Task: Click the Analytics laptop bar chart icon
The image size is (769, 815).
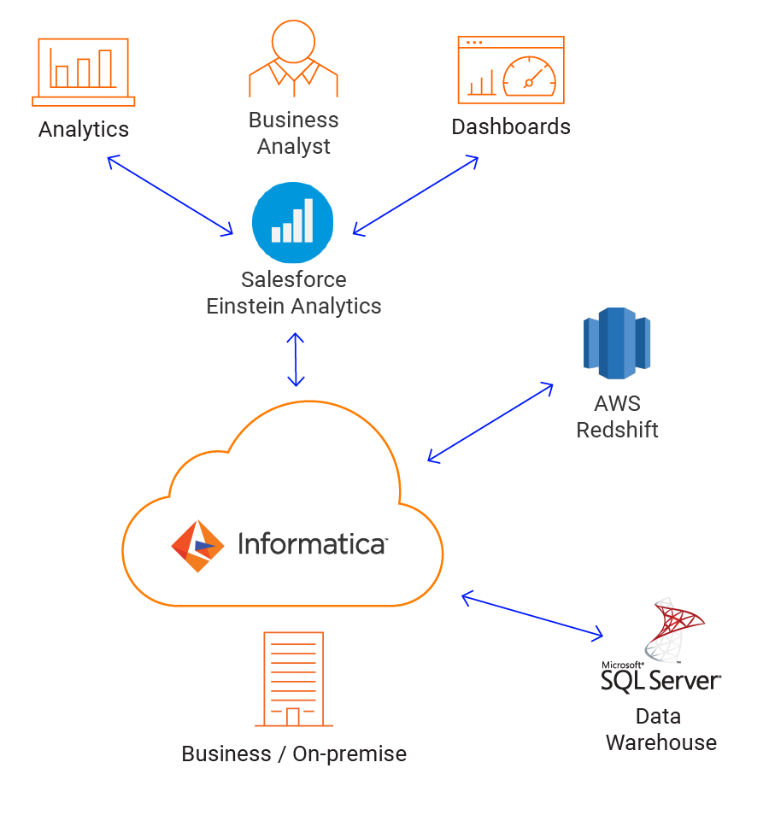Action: pyautogui.click(x=84, y=72)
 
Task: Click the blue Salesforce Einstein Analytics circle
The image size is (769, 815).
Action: pyautogui.click(x=293, y=223)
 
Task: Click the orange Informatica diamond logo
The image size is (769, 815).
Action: pyautogui.click(x=197, y=546)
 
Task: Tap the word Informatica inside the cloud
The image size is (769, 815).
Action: pyautogui.click(x=312, y=544)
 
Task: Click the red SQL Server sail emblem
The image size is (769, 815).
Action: pyautogui.click(x=680, y=632)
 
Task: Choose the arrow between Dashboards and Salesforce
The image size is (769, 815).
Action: pyautogui.click(x=415, y=195)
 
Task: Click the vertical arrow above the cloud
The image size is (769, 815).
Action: pyautogui.click(x=296, y=360)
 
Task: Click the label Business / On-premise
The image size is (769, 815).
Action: pyautogui.click(x=294, y=754)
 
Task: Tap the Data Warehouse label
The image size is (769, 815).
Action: pyautogui.click(x=660, y=729)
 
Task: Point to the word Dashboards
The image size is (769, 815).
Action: pyautogui.click(x=511, y=127)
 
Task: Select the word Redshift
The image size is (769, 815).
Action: pyautogui.click(x=617, y=429)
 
